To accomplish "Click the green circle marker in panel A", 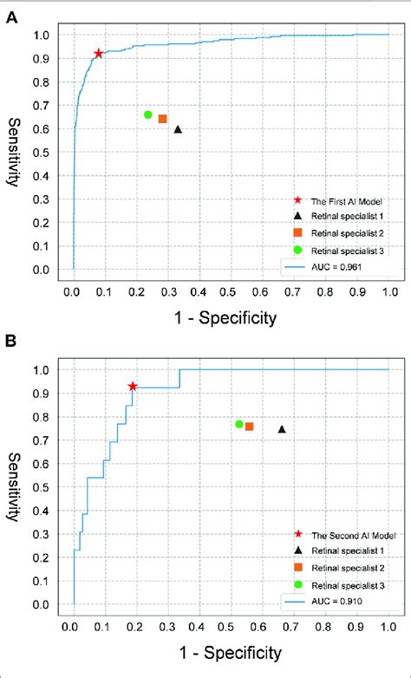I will pos(148,114).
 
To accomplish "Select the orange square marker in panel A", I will pos(163,119).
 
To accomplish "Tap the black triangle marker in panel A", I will pos(178,129).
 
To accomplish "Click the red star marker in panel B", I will pos(133,386).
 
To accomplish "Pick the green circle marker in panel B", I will pos(238,424).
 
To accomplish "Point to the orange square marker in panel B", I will pos(250,427).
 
